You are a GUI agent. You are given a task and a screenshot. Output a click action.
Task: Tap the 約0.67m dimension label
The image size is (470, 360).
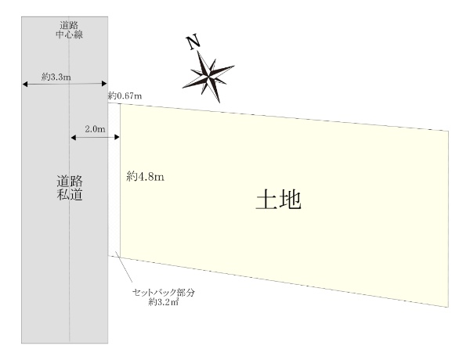click(126, 95)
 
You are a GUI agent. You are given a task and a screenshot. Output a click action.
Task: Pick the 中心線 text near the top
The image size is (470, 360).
click(70, 36)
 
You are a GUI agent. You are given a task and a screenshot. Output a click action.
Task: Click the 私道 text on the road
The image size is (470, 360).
click(70, 194)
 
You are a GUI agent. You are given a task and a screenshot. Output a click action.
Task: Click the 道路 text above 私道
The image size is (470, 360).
click(70, 179)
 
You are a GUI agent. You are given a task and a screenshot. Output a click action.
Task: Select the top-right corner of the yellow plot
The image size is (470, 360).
click(449, 130)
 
